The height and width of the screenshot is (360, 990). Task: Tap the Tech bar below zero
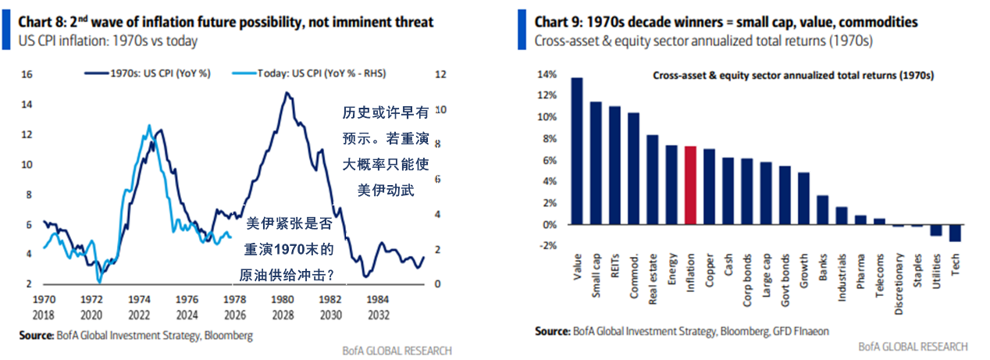coord(955,233)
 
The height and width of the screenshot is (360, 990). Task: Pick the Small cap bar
coord(596,163)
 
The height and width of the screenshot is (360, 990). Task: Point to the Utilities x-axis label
coord(936,273)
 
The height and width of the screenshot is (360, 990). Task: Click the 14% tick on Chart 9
coord(547,75)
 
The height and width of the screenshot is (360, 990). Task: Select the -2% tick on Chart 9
coord(547,246)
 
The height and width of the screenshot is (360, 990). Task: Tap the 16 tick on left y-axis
coord(26,75)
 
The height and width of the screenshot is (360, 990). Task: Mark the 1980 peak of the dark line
coord(287,94)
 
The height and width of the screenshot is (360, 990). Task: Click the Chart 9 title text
coord(726,22)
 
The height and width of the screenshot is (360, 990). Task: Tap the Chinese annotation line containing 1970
coord(290,250)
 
